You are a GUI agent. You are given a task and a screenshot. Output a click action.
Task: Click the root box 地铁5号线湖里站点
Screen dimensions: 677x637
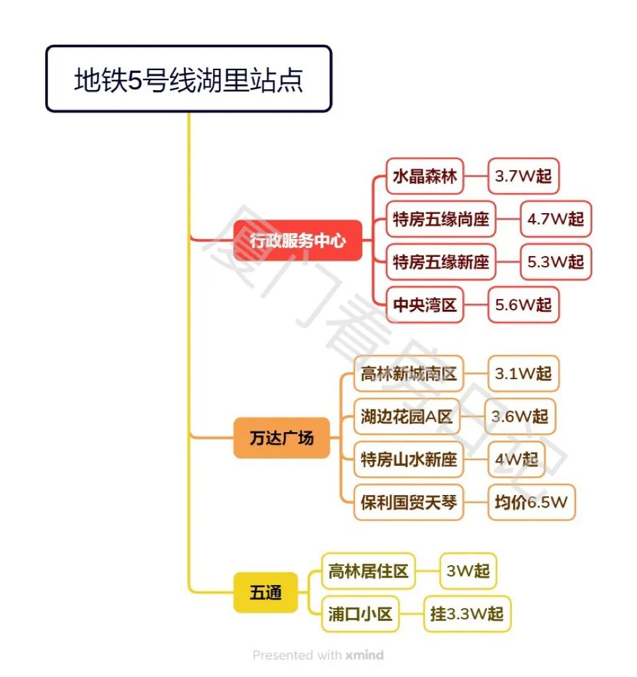point(188,79)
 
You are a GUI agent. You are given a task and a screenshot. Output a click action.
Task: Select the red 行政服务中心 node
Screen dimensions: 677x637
point(297,240)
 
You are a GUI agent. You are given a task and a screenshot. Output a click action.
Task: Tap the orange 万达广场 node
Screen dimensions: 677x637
point(281,438)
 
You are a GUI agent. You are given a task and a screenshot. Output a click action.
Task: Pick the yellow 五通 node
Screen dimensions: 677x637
point(266,592)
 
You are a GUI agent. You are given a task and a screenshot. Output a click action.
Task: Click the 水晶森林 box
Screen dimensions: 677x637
point(424,176)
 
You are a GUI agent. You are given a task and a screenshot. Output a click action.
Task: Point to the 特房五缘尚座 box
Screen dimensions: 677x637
point(440,219)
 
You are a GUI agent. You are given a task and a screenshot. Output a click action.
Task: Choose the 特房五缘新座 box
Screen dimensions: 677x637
point(440,262)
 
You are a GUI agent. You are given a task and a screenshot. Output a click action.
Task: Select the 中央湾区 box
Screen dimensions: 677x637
point(424,305)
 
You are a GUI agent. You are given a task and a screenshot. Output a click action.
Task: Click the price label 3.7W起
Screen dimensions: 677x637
point(523,176)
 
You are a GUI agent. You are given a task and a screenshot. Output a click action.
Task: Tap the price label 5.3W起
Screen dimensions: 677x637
point(556,262)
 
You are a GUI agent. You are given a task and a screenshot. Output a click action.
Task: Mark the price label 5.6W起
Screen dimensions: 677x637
point(523,305)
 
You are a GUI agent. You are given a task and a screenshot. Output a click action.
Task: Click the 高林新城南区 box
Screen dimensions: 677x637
point(409,373)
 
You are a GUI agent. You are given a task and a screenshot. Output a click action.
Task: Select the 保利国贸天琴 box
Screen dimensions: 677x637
point(409,502)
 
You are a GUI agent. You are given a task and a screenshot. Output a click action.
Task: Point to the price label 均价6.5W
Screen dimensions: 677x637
point(531,502)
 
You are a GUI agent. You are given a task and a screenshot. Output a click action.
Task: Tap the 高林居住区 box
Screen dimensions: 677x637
point(368,571)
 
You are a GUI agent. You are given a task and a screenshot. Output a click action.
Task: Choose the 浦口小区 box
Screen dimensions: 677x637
point(360,614)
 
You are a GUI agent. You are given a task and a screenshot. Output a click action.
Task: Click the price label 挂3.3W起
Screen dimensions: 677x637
point(467,614)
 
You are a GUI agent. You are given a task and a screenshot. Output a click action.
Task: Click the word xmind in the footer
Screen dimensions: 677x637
point(364,655)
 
